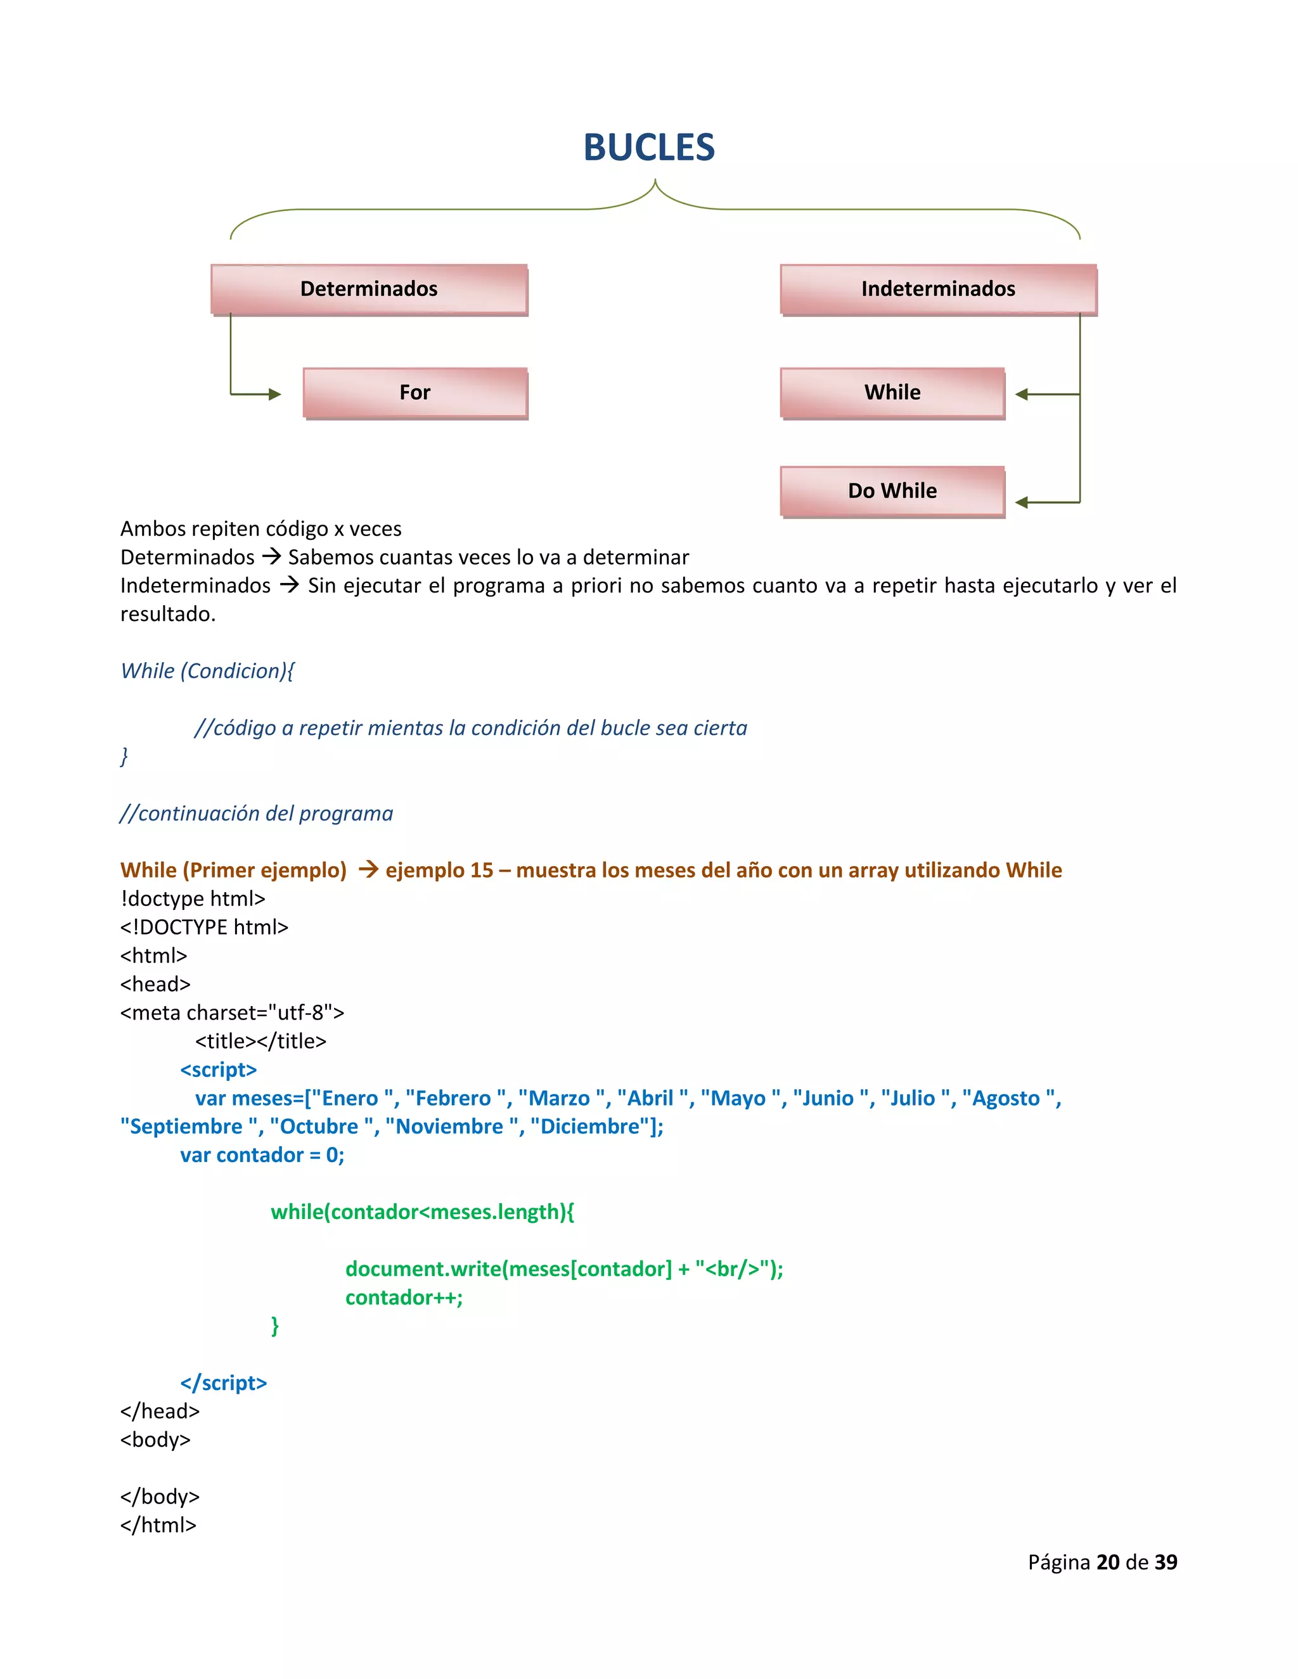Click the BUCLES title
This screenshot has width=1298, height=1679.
[648, 147]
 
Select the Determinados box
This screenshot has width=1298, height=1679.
[369, 289]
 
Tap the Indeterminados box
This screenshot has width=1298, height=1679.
[938, 289]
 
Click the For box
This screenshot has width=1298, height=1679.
[415, 393]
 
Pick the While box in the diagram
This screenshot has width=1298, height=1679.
[892, 393]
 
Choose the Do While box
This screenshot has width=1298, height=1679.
[892, 491]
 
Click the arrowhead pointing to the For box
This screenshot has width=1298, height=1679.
[274, 394]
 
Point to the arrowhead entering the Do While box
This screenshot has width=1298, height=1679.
[1022, 503]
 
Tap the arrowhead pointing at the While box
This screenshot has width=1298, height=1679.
[1022, 394]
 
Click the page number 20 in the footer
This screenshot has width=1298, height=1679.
[1107, 1562]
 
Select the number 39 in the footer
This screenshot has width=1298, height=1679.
[1166, 1562]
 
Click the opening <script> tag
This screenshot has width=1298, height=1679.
[219, 1069]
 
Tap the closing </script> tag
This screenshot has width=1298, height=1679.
[223, 1383]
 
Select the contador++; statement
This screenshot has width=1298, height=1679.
[404, 1298]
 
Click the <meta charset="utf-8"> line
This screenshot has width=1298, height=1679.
[231, 1012]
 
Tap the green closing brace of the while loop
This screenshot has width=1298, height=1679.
[274, 1326]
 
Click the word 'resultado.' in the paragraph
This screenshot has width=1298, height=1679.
[167, 614]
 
